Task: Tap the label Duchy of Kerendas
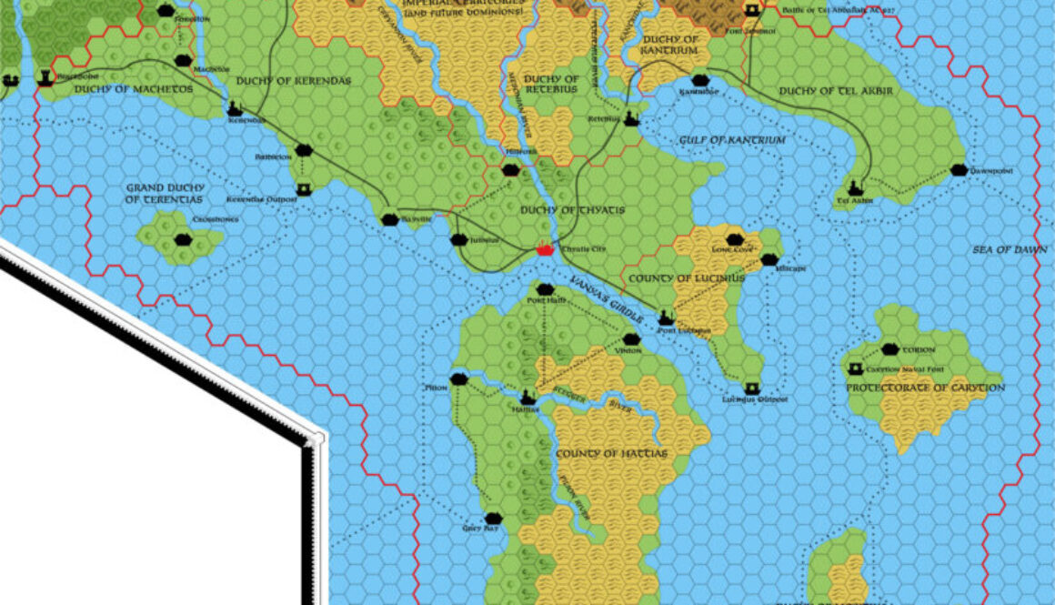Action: (x=293, y=80)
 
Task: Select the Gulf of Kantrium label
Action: (x=732, y=139)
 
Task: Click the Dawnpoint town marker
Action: (x=958, y=170)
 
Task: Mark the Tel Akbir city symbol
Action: (x=854, y=188)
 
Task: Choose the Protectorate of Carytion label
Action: (x=926, y=388)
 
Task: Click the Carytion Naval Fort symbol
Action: (x=855, y=369)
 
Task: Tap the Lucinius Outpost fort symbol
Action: (x=752, y=388)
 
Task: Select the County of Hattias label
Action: (x=611, y=453)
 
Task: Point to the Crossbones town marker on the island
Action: (x=182, y=240)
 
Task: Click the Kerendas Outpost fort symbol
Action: (x=304, y=189)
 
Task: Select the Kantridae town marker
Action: (x=698, y=81)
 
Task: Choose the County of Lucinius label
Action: (x=686, y=277)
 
